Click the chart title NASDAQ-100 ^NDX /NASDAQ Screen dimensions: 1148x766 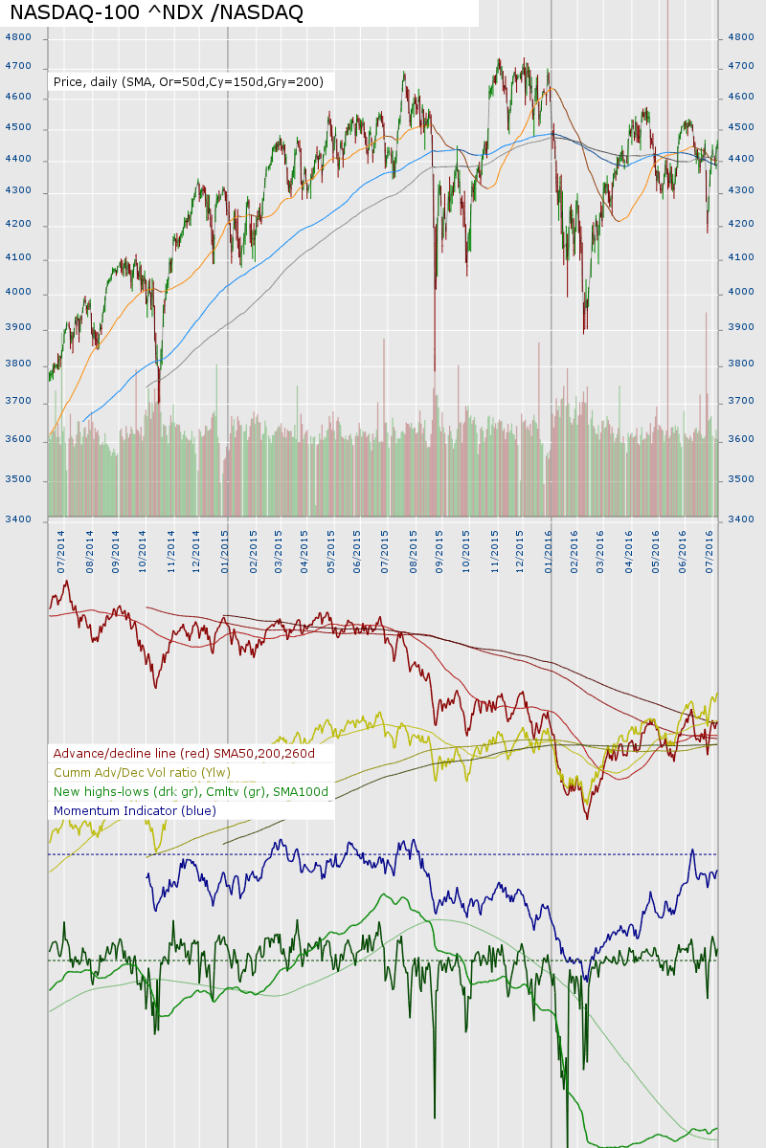(156, 12)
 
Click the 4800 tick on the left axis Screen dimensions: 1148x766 (19, 37)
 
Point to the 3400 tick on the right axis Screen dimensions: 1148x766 (741, 519)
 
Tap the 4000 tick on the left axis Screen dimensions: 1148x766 (19, 293)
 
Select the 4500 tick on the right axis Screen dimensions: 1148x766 (741, 127)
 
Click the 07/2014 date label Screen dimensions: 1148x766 (61, 550)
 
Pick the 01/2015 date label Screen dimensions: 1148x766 (226, 550)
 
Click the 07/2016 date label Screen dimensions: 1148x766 (710, 550)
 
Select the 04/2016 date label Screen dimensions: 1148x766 (629, 550)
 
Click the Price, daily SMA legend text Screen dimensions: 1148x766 (189, 82)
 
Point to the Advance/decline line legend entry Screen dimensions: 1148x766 (184, 753)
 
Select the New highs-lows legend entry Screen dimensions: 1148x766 (191, 791)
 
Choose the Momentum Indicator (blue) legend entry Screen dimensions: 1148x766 (135, 810)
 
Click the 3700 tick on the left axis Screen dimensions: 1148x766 (19, 402)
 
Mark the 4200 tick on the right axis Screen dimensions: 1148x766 (741, 225)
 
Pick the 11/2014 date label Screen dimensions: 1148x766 (170, 550)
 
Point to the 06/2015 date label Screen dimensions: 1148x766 (357, 550)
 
